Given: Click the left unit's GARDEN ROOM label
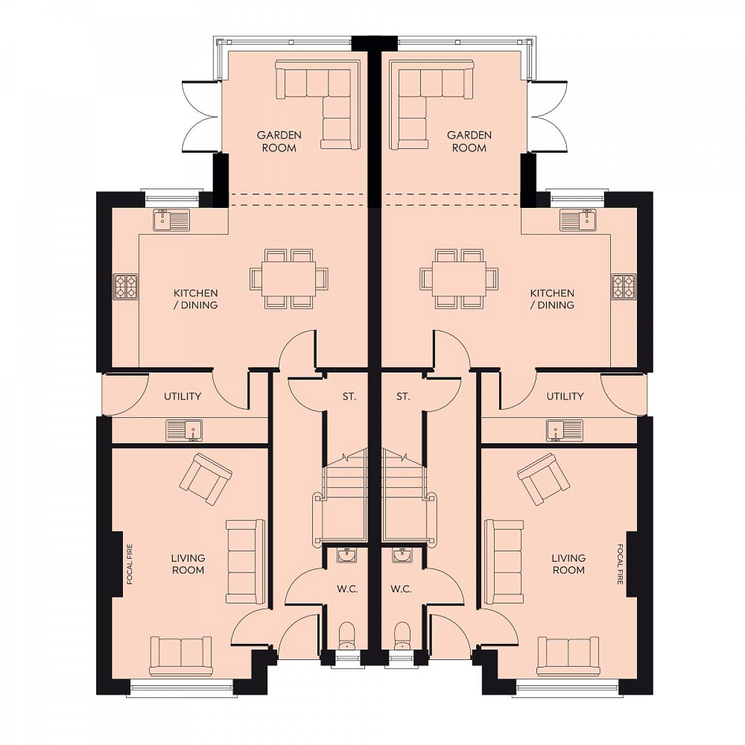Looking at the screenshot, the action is pyautogui.click(x=279, y=142).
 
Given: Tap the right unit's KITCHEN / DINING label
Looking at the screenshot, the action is pyautogui.click(x=552, y=299).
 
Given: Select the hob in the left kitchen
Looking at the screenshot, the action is pyautogui.click(x=125, y=286).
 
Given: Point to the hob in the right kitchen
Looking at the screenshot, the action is pyautogui.click(x=623, y=286).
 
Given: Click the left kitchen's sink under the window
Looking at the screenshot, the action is pyautogui.click(x=171, y=220).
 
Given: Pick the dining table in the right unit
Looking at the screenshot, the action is pyautogui.click(x=459, y=279).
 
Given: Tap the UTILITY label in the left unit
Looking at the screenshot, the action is pyautogui.click(x=183, y=396).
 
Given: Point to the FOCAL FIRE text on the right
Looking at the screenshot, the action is pyautogui.click(x=620, y=564).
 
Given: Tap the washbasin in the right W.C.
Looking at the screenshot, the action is pyautogui.click(x=402, y=556).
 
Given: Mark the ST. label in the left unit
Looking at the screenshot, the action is pyautogui.click(x=349, y=397).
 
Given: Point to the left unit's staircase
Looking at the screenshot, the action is pyautogui.click(x=340, y=497).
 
